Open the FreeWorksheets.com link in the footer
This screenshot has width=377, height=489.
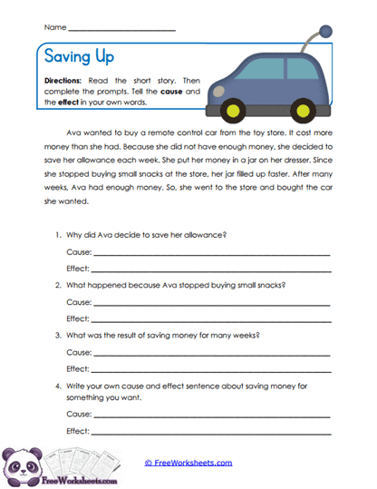[188, 462]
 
